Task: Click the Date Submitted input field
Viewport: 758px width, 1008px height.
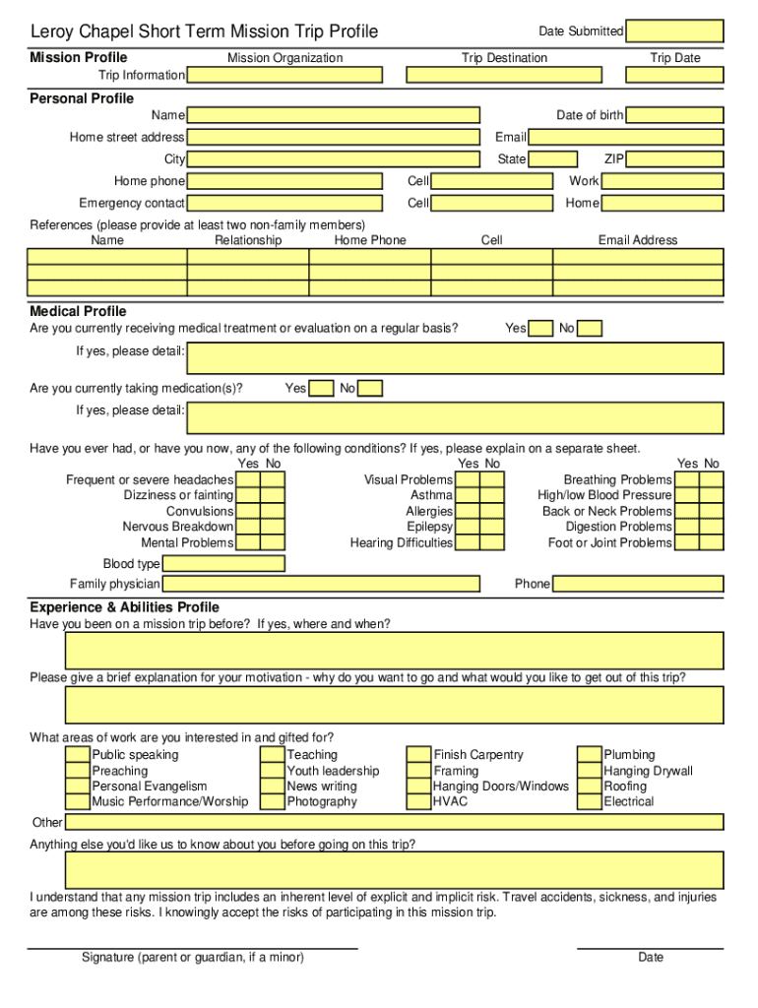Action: [x=674, y=31]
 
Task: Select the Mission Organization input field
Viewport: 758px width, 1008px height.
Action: [x=284, y=75]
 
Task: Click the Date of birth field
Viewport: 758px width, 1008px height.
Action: [x=674, y=115]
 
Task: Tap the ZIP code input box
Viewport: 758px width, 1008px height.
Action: [x=674, y=159]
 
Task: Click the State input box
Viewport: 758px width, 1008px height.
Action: [x=552, y=159]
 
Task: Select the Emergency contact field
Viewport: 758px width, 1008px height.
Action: [x=284, y=203]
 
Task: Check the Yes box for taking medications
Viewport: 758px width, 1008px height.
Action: [x=321, y=389]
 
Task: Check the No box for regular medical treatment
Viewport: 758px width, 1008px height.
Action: [x=590, y=329]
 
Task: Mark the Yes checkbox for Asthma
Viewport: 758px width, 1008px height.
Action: [x=468, y=496]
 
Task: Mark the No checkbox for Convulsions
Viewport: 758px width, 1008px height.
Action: [x=273, y=512]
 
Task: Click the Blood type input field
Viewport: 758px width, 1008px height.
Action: [x=223, y=564]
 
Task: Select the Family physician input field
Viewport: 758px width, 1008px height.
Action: [x=321, y=585]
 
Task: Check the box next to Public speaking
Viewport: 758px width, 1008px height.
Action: [x=77, y=755]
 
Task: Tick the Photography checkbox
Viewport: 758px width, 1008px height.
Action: [x=273, y=802]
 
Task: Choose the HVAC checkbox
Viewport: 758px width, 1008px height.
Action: [x=419, y=802]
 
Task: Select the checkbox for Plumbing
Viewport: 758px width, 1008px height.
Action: [x=590, y=755]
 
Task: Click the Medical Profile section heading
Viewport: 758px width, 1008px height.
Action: [x=78, y=312]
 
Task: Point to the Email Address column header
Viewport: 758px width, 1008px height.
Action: [x=638, y=240]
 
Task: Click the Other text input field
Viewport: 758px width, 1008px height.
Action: [x=394, y=823]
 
